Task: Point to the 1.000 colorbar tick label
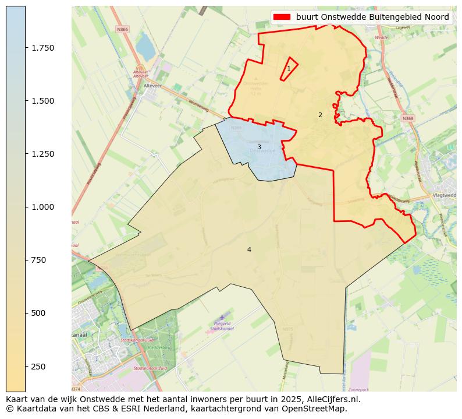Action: point(43,207)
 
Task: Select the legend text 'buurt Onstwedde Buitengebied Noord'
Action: point(372,17)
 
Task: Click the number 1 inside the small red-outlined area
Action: point(289,69)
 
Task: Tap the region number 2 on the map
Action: point(320,115)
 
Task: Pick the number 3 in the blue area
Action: point(259,147)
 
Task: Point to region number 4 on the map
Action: point(249,249)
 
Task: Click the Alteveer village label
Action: point(152,86)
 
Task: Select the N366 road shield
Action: point(122,29)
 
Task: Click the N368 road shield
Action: point(408,118)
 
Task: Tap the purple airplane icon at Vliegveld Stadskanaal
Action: point(222,318)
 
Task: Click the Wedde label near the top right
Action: point(381,37)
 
